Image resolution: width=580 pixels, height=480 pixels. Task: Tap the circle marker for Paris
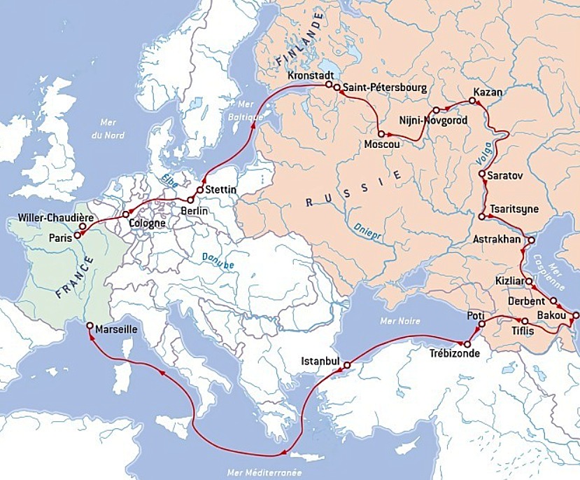click(76, 235)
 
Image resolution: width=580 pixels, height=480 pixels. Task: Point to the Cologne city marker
click(126, 214)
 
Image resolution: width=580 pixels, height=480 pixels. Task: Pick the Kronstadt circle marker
click(329, 84)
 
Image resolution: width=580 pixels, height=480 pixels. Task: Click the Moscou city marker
click(380, 133)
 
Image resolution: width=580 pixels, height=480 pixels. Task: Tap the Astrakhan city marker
click(530, 240)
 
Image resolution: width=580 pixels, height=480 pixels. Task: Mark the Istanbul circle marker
click(347, 365)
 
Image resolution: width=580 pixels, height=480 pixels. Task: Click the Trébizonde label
click(455, 353)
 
